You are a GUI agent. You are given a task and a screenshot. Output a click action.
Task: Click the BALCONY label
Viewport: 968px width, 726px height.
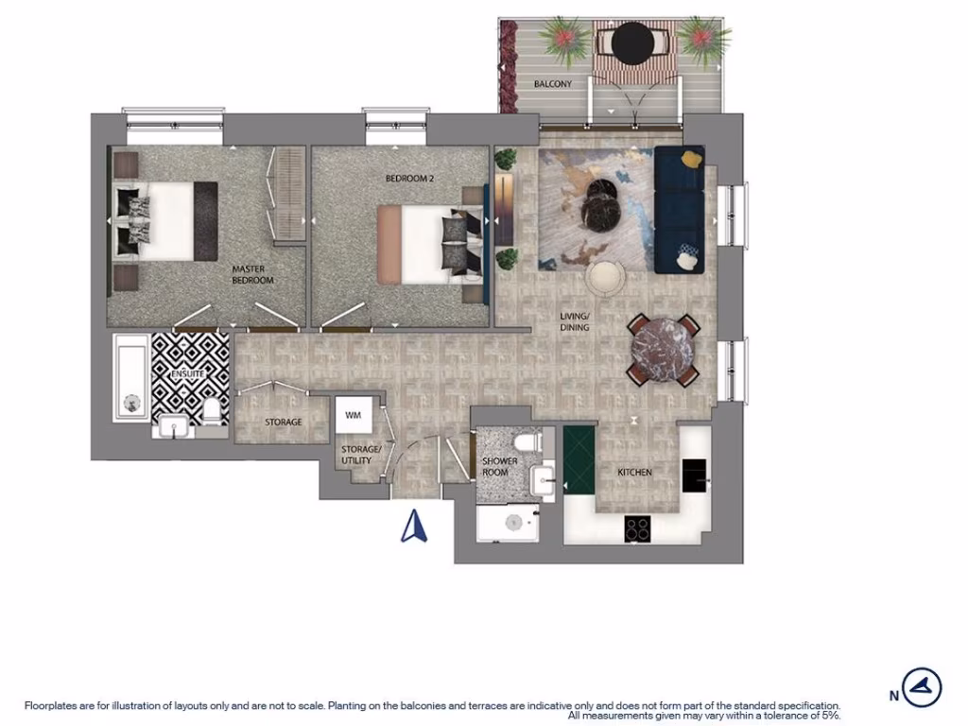click(x=553, y=84)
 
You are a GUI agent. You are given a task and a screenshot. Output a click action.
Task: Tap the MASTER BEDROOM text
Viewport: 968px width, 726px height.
click(x=252, y=274)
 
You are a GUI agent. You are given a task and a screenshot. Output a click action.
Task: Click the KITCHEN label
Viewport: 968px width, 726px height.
click(x=634, y=472)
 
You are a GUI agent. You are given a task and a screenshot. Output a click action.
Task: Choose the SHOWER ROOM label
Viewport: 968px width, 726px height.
click(x=499, y=467)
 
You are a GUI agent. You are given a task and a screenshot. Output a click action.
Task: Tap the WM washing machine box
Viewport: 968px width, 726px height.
click(x=353, y=415)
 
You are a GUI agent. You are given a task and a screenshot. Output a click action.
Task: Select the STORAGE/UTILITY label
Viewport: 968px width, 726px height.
click(x=361, y=455)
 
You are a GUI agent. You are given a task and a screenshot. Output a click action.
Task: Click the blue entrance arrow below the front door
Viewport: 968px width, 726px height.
click(x=412, y=526)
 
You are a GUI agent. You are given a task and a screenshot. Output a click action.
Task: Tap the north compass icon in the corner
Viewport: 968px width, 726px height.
click(x=922, y=687)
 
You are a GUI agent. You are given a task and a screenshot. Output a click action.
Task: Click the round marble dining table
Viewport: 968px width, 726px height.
click(x=662, y=351)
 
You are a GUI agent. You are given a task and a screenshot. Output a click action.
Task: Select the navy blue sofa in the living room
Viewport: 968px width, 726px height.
click(x=679, y=208)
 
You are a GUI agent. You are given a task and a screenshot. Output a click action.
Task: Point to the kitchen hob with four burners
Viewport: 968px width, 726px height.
click(x=637, y=529)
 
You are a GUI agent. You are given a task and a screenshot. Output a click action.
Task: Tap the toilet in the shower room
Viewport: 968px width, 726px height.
click(x=524, y=443)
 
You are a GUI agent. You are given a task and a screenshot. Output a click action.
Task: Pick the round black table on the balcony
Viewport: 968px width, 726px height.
click(x=631, y=41)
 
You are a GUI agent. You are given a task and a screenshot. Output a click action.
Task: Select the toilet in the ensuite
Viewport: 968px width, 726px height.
click(x=212, y=410)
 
